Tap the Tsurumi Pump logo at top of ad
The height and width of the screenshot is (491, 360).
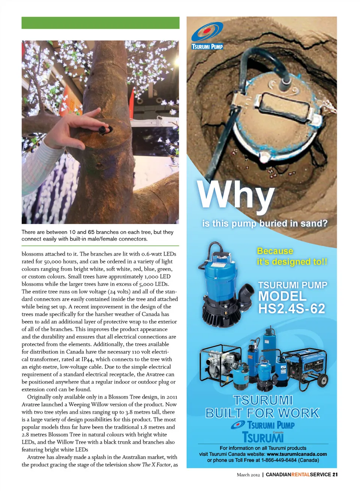click(x=207, y=36)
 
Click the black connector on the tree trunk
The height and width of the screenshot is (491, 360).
click(x=103, y=130)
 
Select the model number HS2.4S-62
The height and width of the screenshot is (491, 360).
click(x=291, y=309)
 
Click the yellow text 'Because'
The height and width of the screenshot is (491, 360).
click(x=275, y=251)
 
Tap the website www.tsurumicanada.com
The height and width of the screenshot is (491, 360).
click(x=297, y=454)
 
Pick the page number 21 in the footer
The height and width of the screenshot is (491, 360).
click(x=335, y=475)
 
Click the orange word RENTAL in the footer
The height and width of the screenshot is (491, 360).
click(x=300, y=475)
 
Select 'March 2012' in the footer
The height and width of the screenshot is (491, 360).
click(x=248, y=475)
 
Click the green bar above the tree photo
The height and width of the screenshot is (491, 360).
click(x=100, y=23)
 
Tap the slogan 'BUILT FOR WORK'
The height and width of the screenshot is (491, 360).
click(x=262, y=413)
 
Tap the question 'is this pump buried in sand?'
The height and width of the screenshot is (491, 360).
click(x=265, y=223)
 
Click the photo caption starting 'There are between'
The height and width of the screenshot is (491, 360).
click(x=97, y=235)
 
